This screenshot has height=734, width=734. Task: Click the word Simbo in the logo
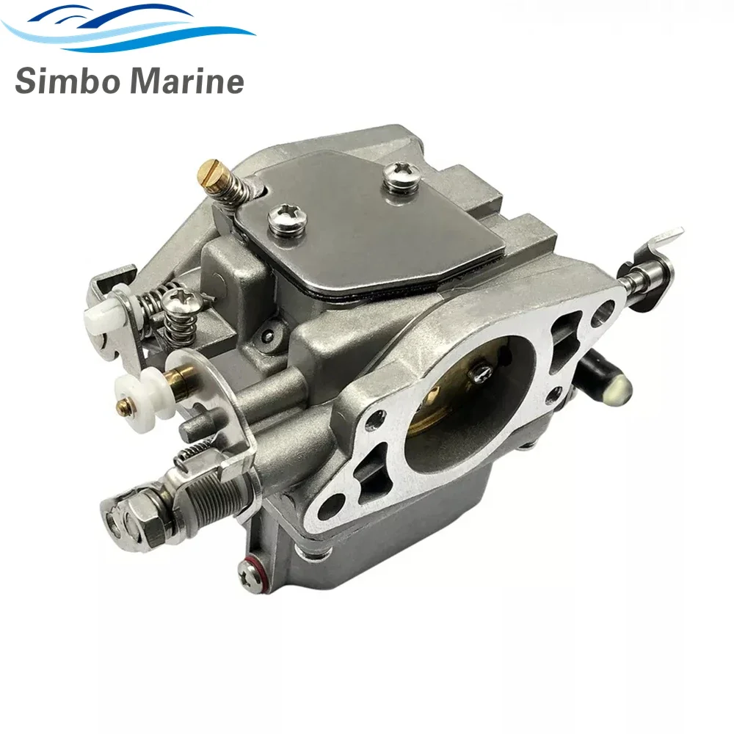click(68, 81)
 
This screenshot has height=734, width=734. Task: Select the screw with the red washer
click(249, 573)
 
